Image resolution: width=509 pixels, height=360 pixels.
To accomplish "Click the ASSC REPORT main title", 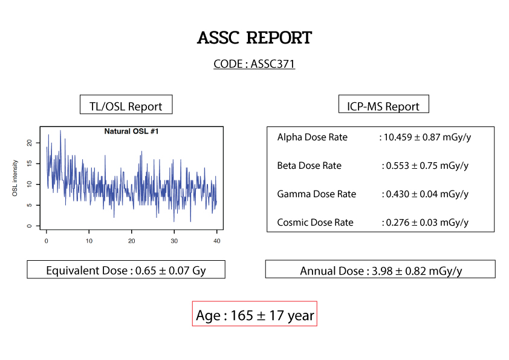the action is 254,38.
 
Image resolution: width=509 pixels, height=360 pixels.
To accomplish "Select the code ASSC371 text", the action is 273,64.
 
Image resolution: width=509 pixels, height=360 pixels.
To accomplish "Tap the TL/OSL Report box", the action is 126,104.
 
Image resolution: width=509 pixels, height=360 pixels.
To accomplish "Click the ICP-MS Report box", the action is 384,104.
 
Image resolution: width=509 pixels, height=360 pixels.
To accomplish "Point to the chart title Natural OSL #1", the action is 131,131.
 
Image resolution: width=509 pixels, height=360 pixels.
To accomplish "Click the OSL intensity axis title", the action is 15,178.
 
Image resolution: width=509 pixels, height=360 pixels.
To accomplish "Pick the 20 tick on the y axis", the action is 30,143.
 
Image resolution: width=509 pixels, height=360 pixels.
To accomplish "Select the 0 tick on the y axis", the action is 30,226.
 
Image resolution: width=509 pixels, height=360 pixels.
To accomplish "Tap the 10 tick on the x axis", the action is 89,241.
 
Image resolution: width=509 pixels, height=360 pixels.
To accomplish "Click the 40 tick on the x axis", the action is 217,241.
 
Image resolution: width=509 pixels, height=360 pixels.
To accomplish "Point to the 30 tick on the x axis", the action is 174,241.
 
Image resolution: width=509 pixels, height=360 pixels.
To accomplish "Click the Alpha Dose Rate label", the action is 313,137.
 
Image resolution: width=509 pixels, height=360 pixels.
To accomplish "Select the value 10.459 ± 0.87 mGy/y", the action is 427,137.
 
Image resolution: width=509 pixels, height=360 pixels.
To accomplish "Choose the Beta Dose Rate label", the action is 310,165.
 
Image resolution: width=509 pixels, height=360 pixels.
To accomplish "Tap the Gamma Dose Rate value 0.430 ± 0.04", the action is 412,194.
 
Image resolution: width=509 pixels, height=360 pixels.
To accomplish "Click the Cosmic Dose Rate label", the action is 315,222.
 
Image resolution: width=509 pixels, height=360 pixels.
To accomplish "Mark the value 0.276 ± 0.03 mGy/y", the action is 427,222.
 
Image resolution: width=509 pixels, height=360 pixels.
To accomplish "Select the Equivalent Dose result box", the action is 126,269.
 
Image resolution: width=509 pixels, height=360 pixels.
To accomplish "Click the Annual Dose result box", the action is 380,269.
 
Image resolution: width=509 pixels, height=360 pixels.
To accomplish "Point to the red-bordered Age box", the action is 254,313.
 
